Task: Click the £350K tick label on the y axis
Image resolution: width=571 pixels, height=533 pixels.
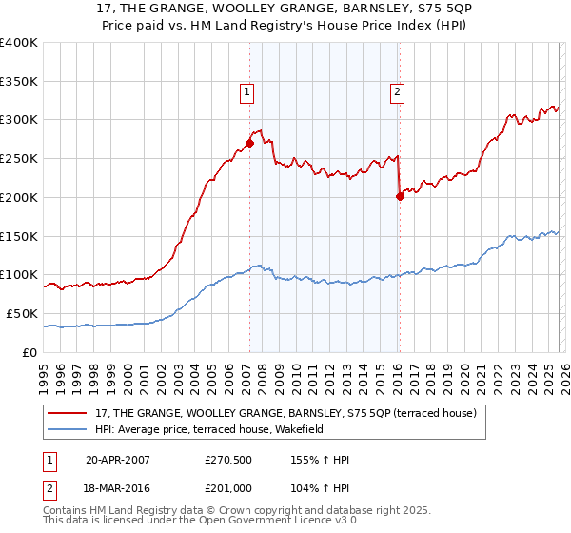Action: click(x=19, y=81)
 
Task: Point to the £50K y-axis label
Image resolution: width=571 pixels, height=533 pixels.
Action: click(x=22, y=313)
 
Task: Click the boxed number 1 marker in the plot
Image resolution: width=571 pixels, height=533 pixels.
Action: click(x=246, y=92)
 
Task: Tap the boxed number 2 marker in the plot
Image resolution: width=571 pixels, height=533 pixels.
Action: click(x=396, y=92)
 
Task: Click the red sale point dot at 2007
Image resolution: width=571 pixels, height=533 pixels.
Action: click(x=249, y=143)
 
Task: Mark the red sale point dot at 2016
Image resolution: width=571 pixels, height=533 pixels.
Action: click(x=399, y=197)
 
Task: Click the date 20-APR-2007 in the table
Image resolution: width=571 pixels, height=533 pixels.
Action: click(x=120, y=460)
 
